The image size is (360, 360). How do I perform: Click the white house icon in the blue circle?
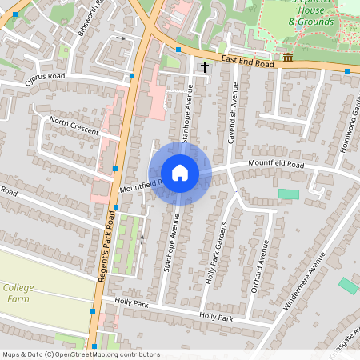point(180,172)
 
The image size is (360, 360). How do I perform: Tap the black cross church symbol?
point(205,66)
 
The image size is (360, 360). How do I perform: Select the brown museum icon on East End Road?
point(287,58)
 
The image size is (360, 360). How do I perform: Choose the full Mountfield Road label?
point(276,164)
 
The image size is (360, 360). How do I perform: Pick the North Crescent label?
point(74,125)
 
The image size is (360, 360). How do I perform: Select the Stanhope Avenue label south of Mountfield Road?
point(170,243)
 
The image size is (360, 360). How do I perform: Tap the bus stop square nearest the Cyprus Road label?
point(131,75)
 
